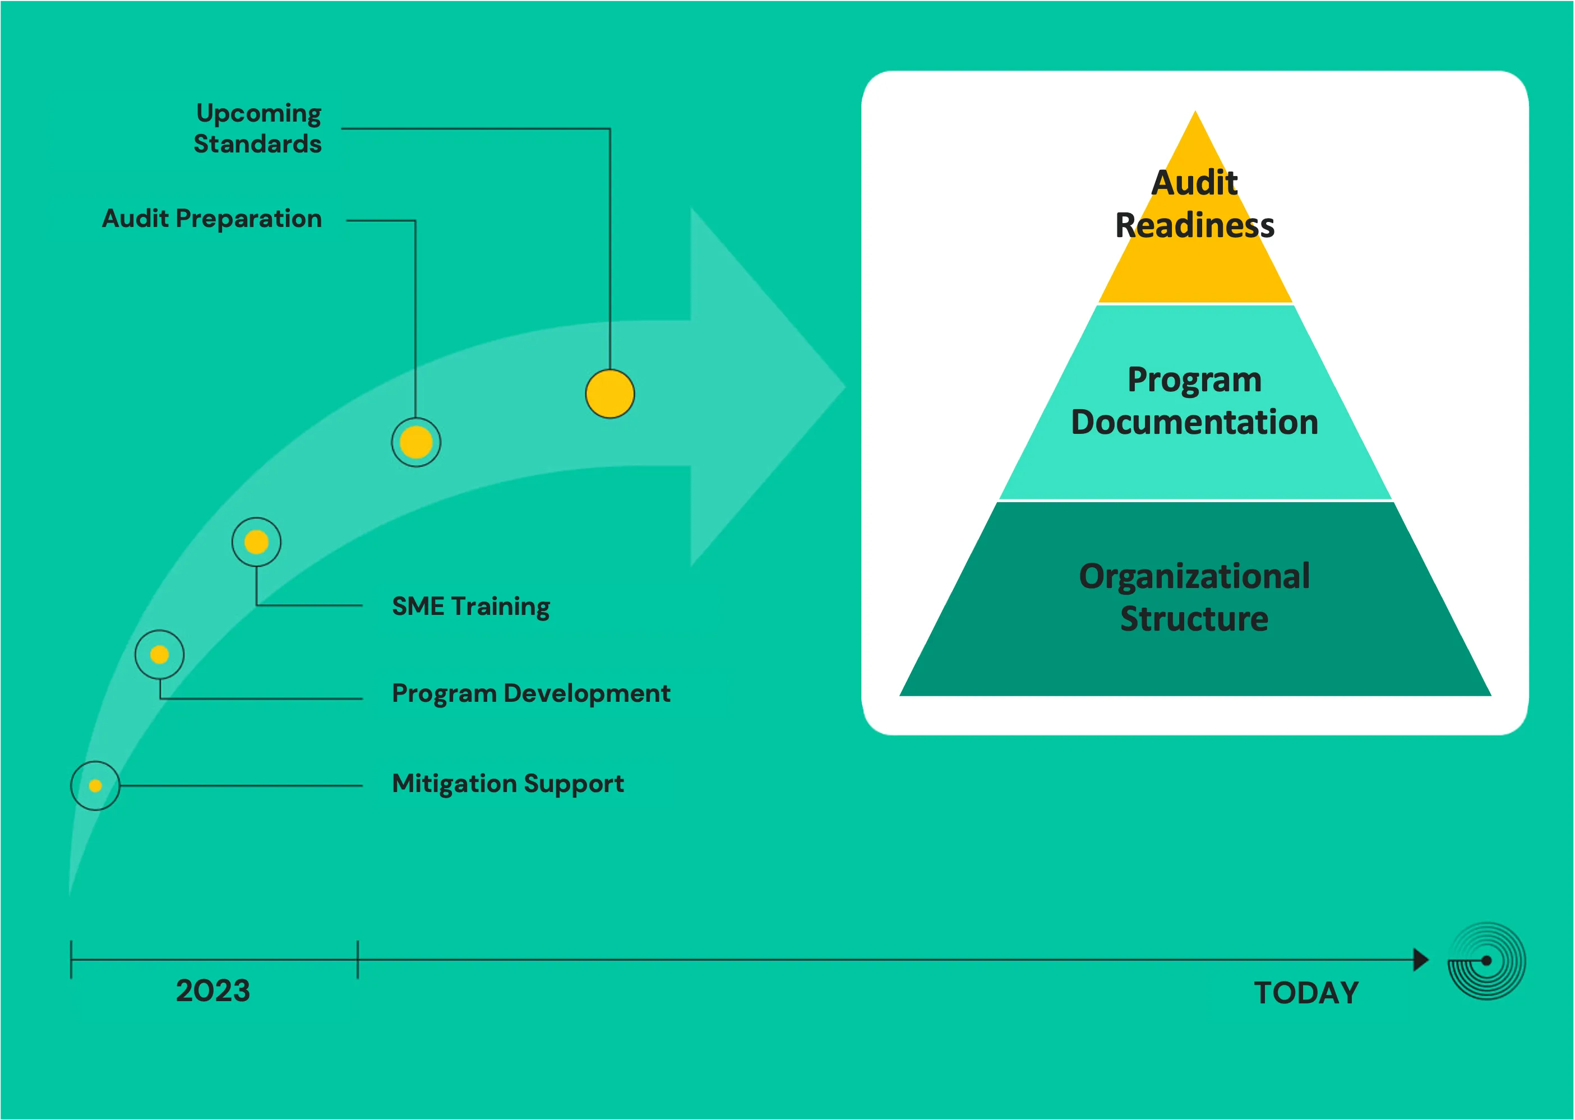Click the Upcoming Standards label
[258, 128]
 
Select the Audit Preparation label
[212, 219]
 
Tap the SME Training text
[470, 606]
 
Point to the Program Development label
[530, 693]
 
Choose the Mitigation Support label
[508, 784]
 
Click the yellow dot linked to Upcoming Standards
[610, 394]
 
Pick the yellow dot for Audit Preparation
[416, 442]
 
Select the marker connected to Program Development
[159, 655]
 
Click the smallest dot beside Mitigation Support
[95, 785]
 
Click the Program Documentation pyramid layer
[1195, 401]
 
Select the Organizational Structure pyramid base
[1195, 598]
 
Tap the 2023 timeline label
[213, 991]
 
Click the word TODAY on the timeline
[1306, 993]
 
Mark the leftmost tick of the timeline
[71, 959]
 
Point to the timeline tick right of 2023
[357, 959]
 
